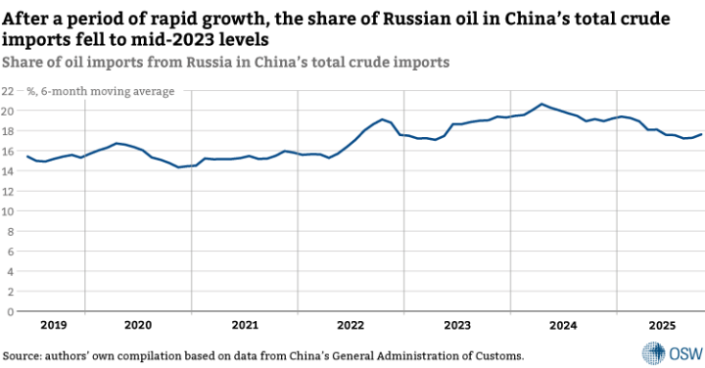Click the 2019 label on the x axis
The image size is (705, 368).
pos(54,325)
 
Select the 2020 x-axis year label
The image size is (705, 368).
pos(138,325)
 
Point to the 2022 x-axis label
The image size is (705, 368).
pos(351,325)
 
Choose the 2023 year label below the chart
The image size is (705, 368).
pos(456,325)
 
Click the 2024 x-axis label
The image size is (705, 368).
pos(563,325)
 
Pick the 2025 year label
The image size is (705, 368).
pos(662,325)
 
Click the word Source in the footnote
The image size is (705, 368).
pos(24,354)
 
